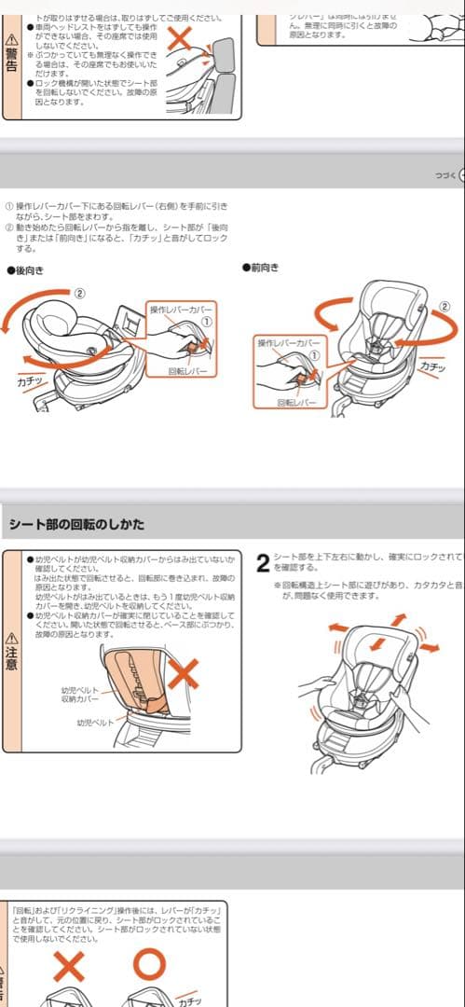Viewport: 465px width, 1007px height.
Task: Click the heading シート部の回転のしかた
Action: coord(76,523)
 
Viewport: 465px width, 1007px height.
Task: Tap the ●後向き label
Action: coord(25,270)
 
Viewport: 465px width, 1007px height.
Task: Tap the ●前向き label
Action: coord(261,267)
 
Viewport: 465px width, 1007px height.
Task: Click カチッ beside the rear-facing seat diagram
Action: coord(31,381)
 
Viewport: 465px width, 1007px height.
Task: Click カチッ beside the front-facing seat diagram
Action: coord(433,368)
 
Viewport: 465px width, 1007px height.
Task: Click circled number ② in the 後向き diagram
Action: coord(80,292)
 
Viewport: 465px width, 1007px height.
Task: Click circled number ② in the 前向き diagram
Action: coord(444,306)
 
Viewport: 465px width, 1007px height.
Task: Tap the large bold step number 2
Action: coord(263,563)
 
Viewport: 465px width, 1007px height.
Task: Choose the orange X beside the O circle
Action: coord(69,966)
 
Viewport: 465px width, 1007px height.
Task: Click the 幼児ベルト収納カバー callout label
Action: coord(80,694)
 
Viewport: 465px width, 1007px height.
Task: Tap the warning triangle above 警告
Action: coord(11,38)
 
